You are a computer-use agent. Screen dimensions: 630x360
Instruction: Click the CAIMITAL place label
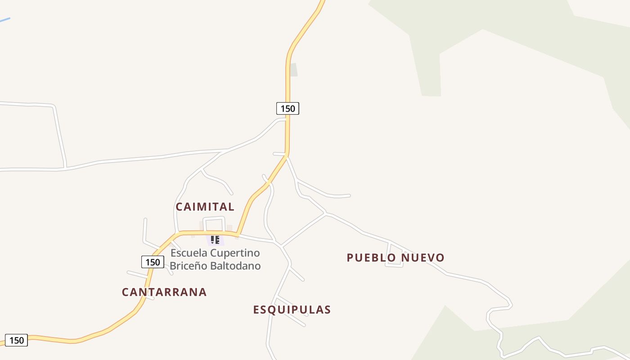[205, 207]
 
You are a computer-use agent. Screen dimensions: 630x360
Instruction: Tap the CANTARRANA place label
[164, 292]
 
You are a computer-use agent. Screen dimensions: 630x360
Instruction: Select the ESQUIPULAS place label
[292, 310]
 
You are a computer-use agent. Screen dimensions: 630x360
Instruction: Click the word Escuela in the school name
[189, 252]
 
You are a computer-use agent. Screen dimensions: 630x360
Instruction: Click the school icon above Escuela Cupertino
[215, 240]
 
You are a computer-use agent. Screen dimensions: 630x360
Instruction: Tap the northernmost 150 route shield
[288, 108]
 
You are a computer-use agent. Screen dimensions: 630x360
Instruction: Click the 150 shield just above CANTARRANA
[153, 262]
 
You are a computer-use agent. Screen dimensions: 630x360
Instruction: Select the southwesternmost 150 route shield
[16, 340]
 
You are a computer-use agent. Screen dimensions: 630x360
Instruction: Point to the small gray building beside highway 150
[293, 70]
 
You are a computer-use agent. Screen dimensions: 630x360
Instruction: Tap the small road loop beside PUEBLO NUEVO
[395, 255]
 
